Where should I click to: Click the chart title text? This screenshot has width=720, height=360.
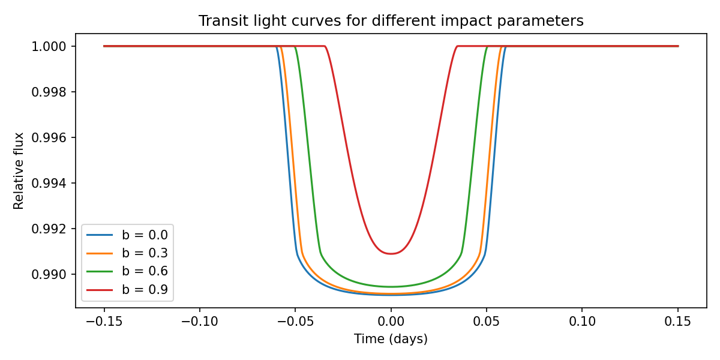click(x=391, y=21)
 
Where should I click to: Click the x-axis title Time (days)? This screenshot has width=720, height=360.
click(x=391, y=339)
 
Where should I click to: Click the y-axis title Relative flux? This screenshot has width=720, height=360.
click(x=19, y=171)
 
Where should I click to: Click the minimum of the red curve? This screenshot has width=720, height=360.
click(x=391, y=253)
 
